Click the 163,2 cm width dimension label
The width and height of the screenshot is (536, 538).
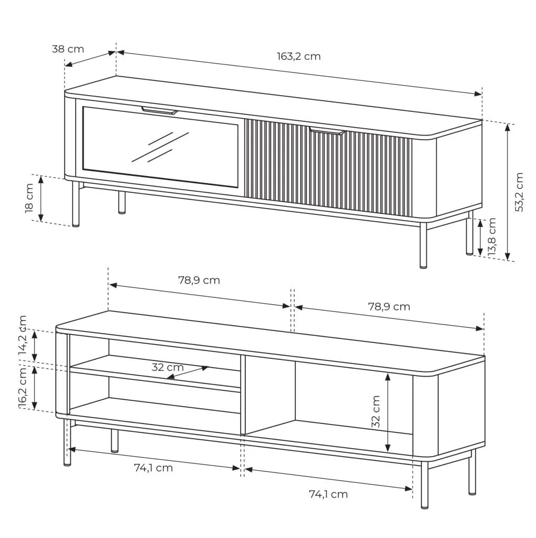tap(298, 56)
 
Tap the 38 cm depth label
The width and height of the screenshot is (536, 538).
tap(68, 49)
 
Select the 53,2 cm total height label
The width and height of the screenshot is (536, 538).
tap(519, 192)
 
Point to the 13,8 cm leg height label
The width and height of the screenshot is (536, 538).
tap(492, 236)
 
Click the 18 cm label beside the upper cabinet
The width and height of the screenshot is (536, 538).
tap(29, 198)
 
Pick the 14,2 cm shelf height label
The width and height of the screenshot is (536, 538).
tap(23, 335)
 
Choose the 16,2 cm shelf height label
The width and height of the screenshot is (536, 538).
tap(23, 387)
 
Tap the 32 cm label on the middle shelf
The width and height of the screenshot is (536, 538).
tap(168, 367)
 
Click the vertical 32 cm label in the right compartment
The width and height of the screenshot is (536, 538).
tap(376, 411)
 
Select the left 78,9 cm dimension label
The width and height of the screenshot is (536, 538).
tap(199, 281)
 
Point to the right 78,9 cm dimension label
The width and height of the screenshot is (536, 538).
tap(389, 306)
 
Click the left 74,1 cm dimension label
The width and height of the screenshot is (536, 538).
tap(153, 468)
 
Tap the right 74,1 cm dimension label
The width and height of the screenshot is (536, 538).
tap(328, 494)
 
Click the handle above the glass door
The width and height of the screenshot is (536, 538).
tap(160, 110)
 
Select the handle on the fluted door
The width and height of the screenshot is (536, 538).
tap(327, 131)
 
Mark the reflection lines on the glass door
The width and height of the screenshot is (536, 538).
tap(160, 147)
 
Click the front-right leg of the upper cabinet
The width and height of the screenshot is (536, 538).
tap(424, 245)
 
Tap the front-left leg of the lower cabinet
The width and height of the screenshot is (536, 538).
tap(67, 442)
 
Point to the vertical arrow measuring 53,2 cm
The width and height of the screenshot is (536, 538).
tap(508, 192)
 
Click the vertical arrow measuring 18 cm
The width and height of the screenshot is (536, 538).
tap(41, 198)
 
